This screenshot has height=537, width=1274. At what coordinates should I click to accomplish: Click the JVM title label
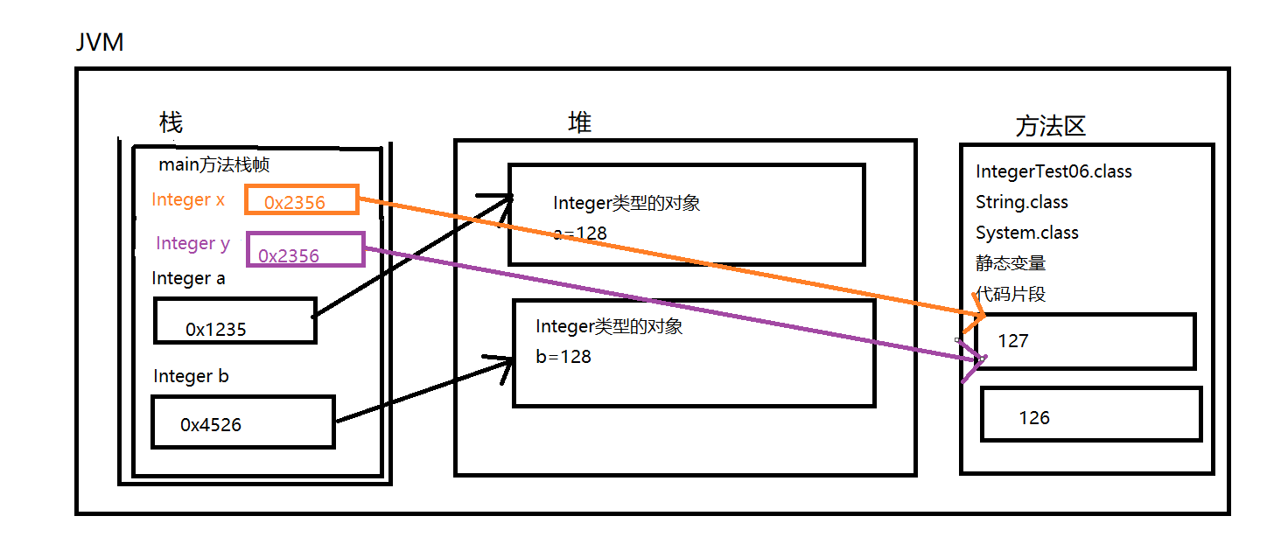tap(99, 42)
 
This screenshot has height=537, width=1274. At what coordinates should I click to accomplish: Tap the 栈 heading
tap(171, 122)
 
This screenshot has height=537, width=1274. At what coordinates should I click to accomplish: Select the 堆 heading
tap(579, 123)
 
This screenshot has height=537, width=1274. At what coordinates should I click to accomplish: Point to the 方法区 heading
tap(1050, 127)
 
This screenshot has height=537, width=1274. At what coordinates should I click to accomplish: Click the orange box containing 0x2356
tap(301, 200)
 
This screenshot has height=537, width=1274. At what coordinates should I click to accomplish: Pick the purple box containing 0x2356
tap(304, 249)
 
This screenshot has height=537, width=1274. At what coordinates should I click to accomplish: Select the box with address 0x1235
tap(234, 321)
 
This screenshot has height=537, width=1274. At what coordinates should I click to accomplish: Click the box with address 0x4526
tap(242, 422)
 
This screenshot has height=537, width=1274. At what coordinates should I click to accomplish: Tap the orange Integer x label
tap(188, 199)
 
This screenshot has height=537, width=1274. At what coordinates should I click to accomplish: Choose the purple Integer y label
tap(192, 243)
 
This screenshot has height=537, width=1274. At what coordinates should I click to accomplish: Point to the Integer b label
tap(191, 376)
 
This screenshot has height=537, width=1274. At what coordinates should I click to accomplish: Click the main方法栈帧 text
tap(219, 164)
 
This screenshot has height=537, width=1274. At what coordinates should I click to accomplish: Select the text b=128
tap(563, 357)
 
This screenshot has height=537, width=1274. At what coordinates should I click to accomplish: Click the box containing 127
tap(1085, 341)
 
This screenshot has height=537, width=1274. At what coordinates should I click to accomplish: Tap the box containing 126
tap(1090, 415)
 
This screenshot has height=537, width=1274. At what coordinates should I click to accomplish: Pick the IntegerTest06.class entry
tap(1053, 171)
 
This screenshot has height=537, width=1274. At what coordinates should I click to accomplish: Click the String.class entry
tap(1022, 202)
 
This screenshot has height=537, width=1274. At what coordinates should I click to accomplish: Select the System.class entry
tap(1027, 233)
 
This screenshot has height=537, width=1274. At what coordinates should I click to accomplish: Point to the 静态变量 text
tap(1011, 263)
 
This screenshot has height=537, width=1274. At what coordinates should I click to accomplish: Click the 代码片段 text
tap(1011, 294)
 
